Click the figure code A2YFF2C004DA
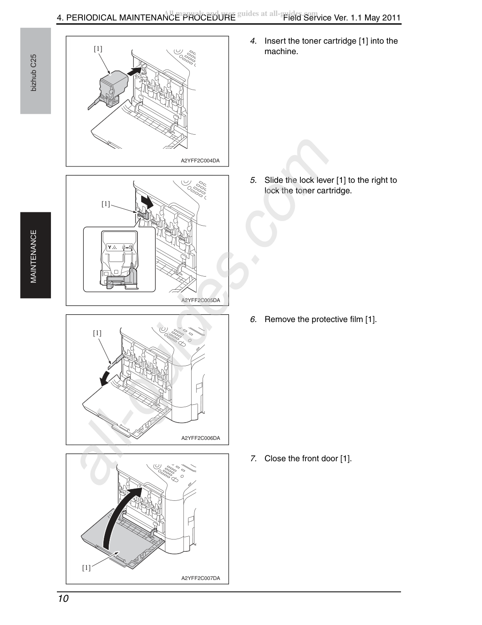point(200,161)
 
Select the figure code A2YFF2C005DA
point(201,300)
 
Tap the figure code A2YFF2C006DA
point(201,438)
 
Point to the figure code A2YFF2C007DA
point(201,578)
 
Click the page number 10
point(63,599)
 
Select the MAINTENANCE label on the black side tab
point(34,256)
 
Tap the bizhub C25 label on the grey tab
point(34,73)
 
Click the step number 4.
point(253,41)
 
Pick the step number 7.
point(253,459)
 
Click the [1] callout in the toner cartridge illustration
point(98,49)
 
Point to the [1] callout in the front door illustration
point(86,568)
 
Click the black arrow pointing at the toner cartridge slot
point(134,71)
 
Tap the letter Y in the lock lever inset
point(110,247)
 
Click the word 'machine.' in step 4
point(281,51)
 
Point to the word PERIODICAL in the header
point(91,18)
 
